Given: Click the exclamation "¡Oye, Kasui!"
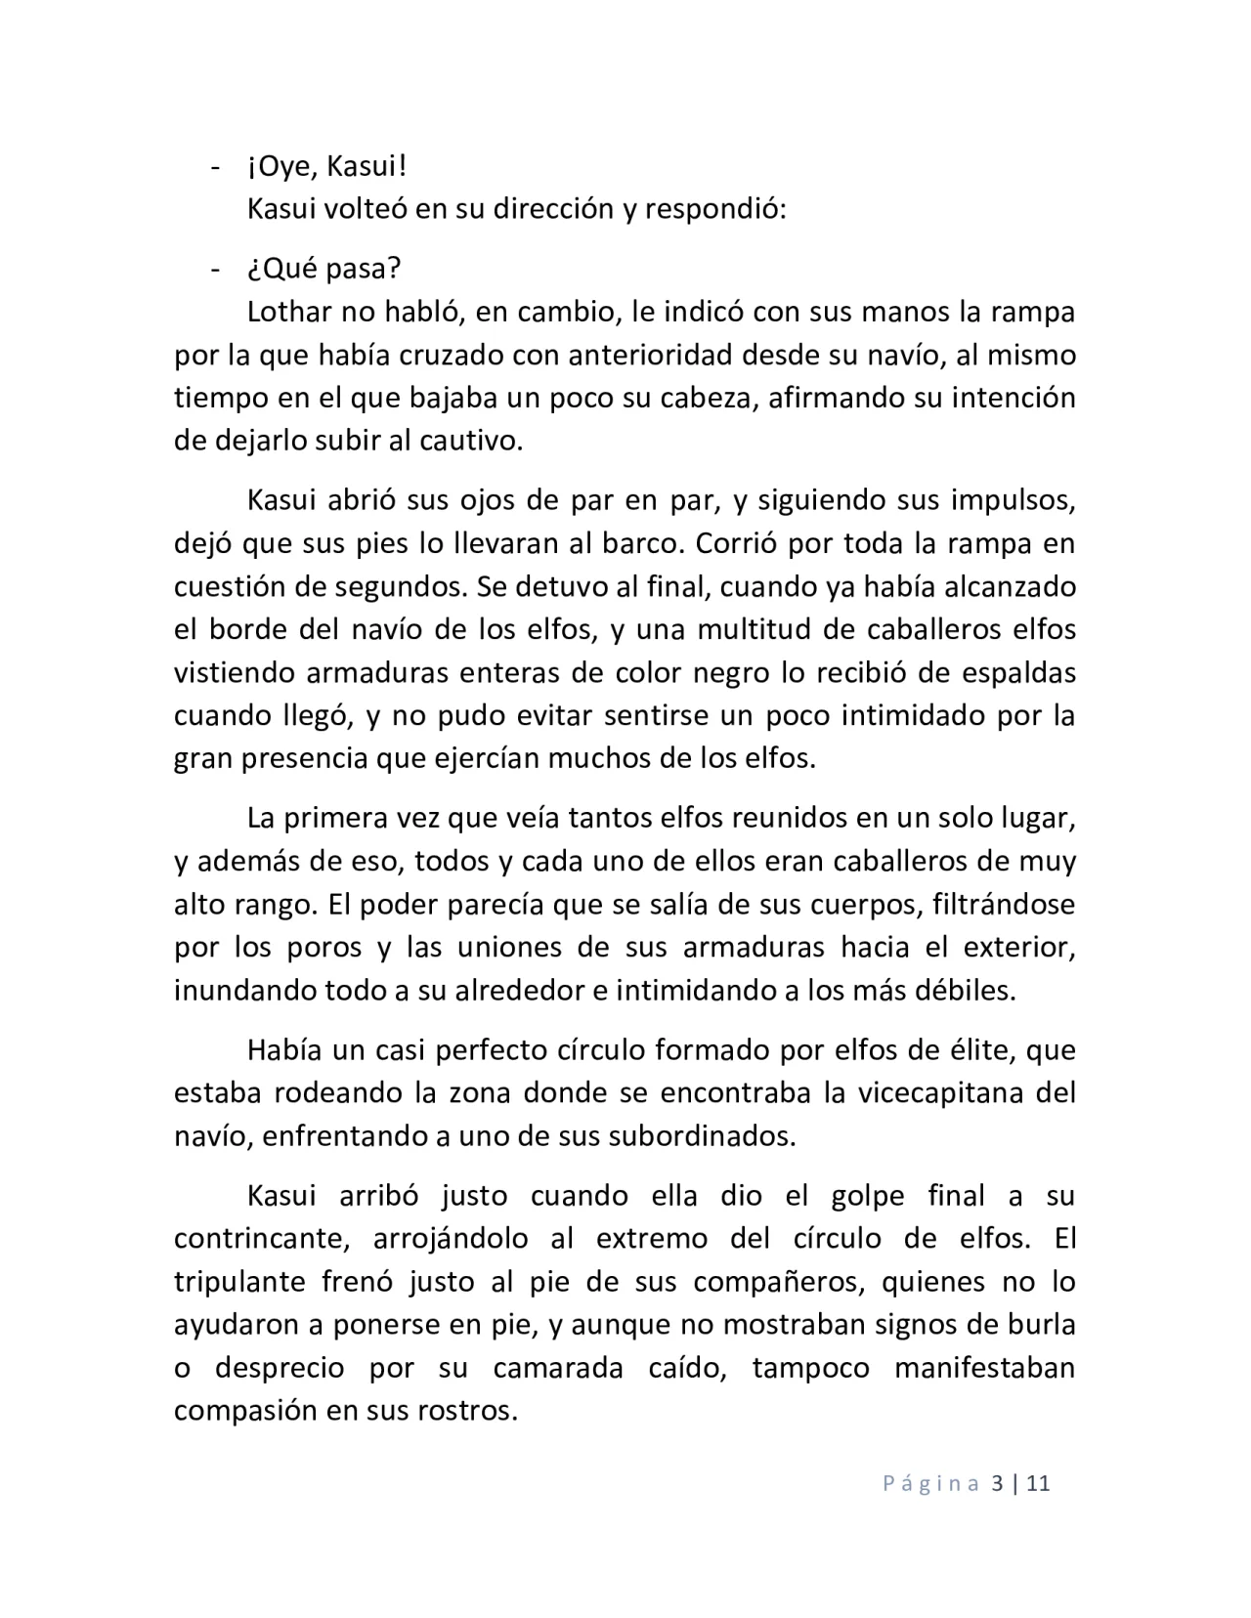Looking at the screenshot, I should (x=326, y=167).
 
